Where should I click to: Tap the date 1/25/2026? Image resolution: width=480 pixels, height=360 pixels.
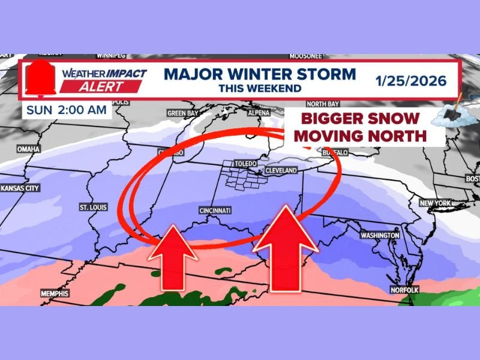pyautogui.click(x=411, y=80)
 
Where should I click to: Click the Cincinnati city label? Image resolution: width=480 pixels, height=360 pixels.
pyautogui.click(x=215, y=211)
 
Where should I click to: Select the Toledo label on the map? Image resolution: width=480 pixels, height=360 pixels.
pyautogui.click(x=246, y=164)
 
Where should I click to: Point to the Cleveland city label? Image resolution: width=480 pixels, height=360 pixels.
pyautogui.click(x=281, y=171)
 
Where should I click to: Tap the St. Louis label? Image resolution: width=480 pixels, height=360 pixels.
pyautogui.click(x=92, y=208)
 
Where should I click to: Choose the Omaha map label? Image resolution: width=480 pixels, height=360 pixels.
pyautogui.click(x=29, y=149)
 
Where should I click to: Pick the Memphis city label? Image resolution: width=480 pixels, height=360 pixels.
pyautogui.click(x=55, y=293)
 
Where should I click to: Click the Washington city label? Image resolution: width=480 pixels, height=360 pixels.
pyautogui.click(x=380, y=235)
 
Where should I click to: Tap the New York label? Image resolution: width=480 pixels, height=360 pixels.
pyautogui.click(x=434, y=203)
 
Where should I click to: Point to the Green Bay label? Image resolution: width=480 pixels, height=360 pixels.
pyautogui.click(x=182, y=113)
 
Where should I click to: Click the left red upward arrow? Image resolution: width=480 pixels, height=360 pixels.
pyautogui.click(x=173, y=255)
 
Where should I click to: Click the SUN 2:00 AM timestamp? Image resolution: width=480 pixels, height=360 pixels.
pyautogui.click(x=67, y=110)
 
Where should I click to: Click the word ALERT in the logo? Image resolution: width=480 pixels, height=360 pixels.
pyautogui.click(x=101, y=86)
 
